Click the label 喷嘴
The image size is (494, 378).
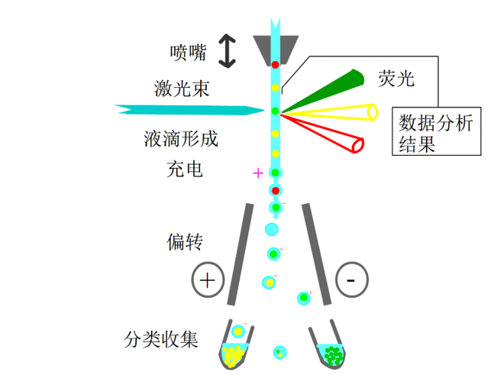pyautogui.click(x=188, y=53)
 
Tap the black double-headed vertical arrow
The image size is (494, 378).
pyautogui.click(x=228, y=51)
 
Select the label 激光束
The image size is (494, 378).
pyautogui.click(x=182, y=89)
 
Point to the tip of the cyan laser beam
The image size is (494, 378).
pyautogui.click(x=265, y=110)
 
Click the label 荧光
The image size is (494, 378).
pyautogui.click(x=396, y=78)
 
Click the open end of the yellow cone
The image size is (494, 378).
pyautogui.click(x=373, y=112)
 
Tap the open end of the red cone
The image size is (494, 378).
pyautogui.click(x=358, y=145)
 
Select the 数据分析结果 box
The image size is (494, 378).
pyautogui.click(x=436, y=131)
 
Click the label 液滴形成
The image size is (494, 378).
pyautogui.click(x=181, y=139)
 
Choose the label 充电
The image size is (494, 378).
pyautogui.click(x=185, y=170)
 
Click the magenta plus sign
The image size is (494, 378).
pyautogui.click(x=258, y=173)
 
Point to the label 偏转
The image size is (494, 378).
pyautogui.click(x=185, y=242)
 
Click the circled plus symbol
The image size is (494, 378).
pyautogui.click(x=208, y=279)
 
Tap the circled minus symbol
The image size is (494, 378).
pyautogui.click(x=352, y=279)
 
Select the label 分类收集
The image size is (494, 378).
pyautogui.click(x=161, y=340)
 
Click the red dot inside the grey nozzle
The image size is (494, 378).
pyautogui.click(x=276, y=65)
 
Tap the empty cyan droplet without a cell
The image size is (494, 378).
pyautogui.click(x=272, y=229)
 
